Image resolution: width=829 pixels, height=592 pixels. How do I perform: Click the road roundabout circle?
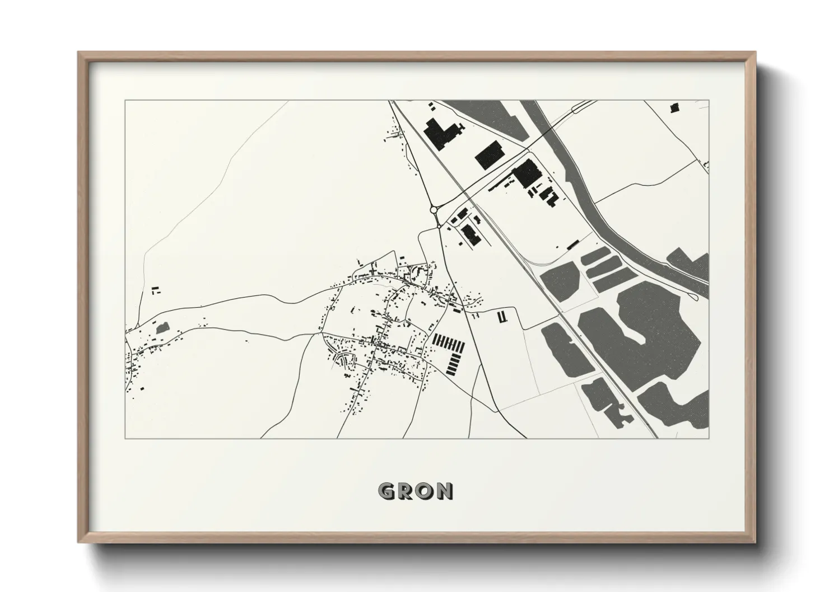point(434,210)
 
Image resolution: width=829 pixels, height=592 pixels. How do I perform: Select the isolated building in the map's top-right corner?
point(674,107)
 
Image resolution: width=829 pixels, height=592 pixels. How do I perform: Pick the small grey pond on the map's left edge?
point(162,328)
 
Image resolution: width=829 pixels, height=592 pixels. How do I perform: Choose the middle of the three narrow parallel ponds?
point(606,268)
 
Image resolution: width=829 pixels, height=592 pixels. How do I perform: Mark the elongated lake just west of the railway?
point(566,350)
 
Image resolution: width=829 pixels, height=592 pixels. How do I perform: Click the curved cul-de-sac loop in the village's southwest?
point(341,358)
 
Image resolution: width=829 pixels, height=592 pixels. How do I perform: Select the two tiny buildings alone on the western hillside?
point(155,290)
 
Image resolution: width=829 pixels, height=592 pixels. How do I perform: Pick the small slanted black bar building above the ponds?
point(572,245)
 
